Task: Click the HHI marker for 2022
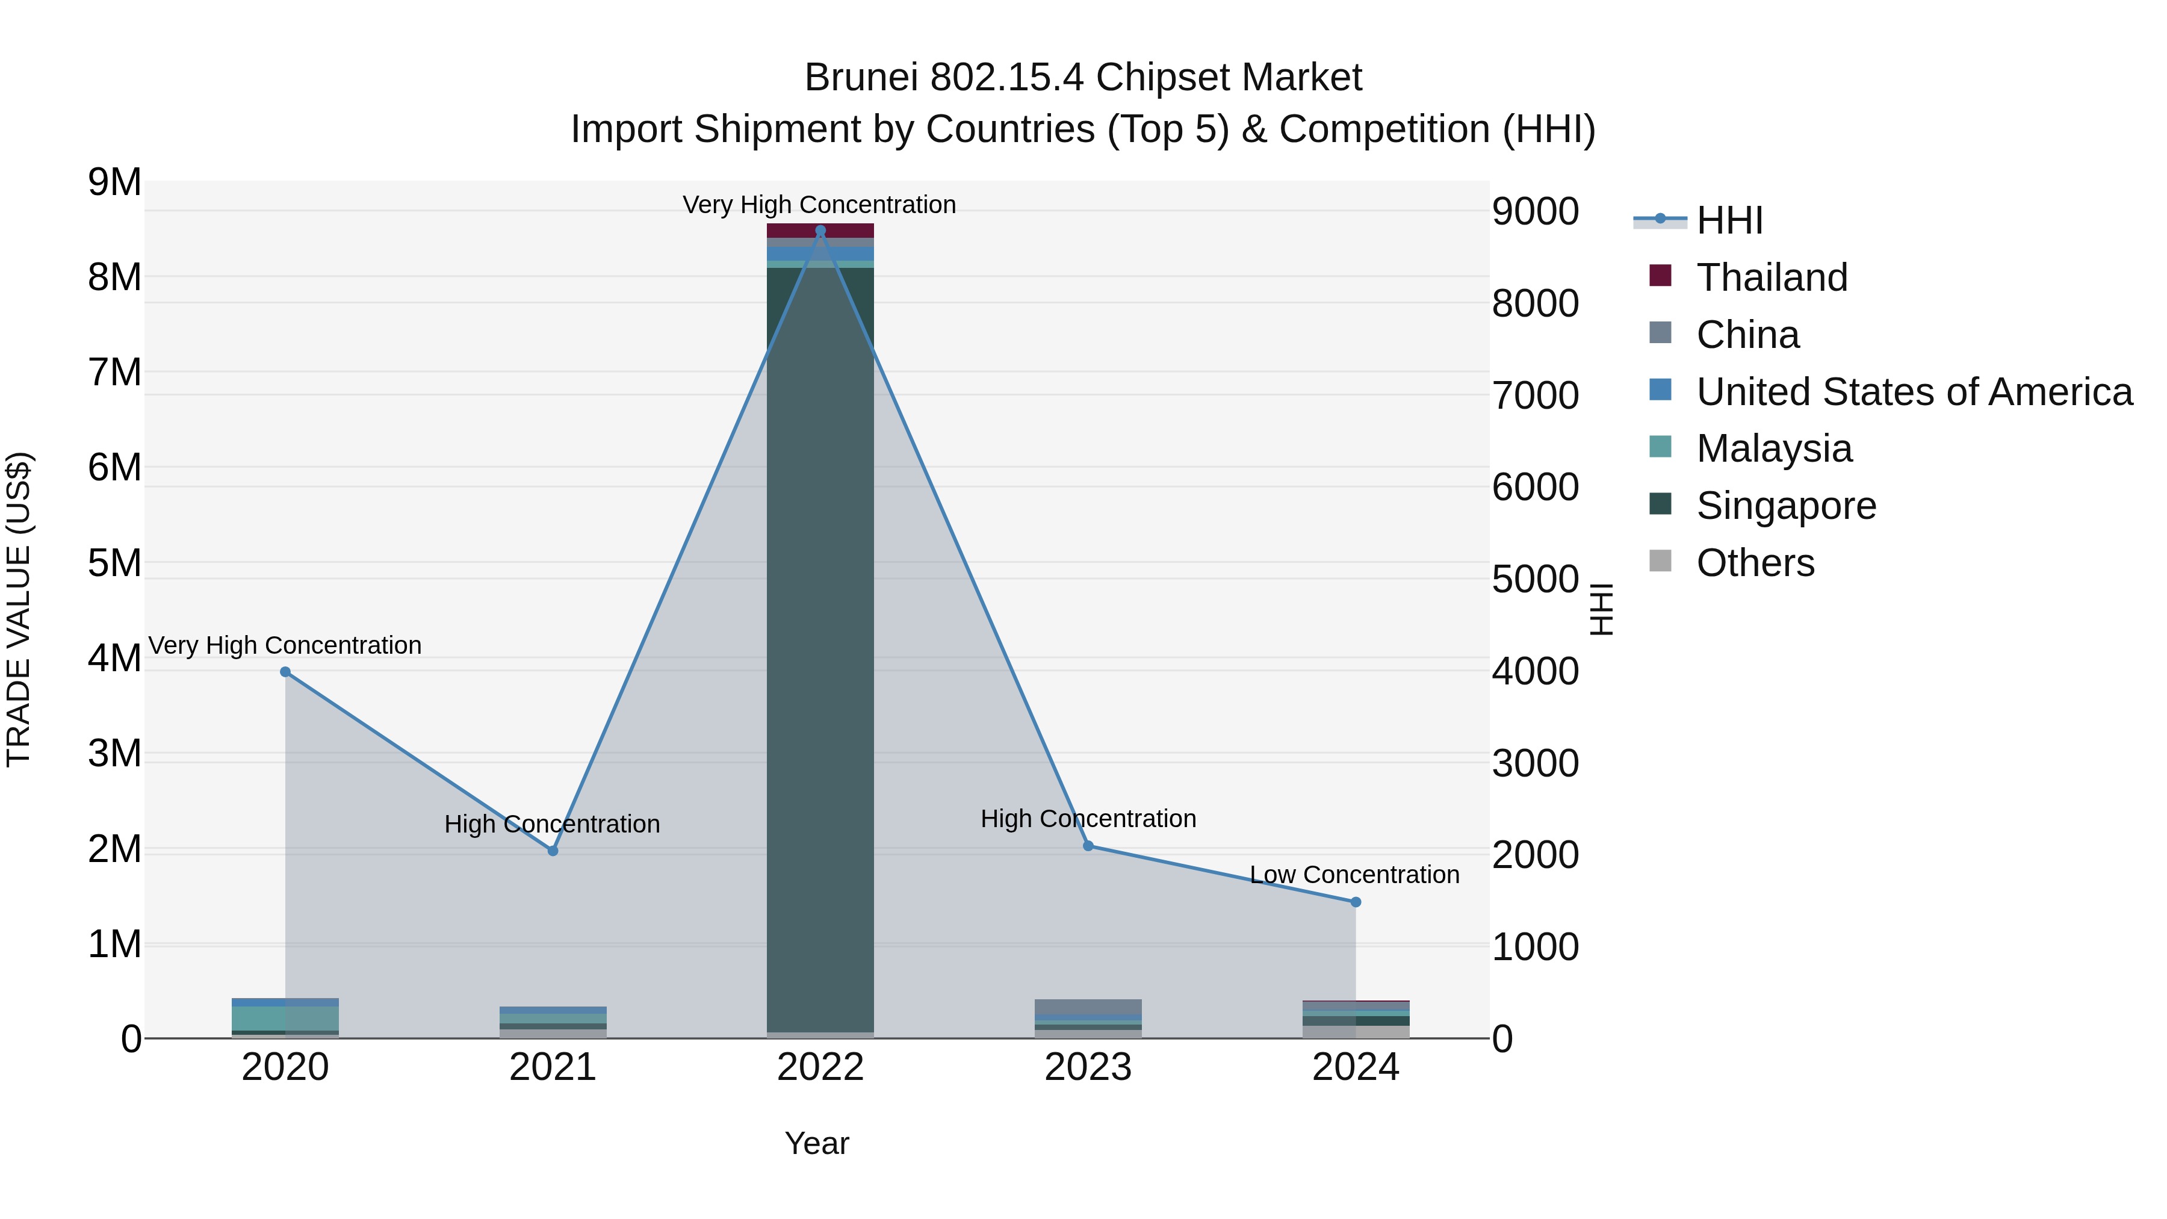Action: (x=820, y=231)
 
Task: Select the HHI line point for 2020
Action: (x=285, y=671)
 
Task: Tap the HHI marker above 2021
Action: (x=553, y=851)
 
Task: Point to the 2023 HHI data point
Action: (x=1088, y=846)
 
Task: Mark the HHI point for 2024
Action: (x=1355, y=902)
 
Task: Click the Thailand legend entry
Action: (x=1772, y=277)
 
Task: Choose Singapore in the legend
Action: (x=1786, y=506)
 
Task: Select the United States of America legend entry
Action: (x=1914, y=391)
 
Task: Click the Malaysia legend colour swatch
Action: (x=1661, y=447)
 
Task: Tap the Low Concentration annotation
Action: (x=1354, y=875)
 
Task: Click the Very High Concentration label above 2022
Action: (x=819, y=205)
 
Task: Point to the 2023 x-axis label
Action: (x=1088, y=1067)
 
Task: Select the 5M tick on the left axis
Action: (x=115, y=563)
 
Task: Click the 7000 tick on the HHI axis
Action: (x=1535, y=395)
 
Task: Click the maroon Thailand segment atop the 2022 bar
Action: (x=820, y=231)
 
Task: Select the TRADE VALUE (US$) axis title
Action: (x=19, y=609)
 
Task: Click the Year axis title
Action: (x=817, y=1143)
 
